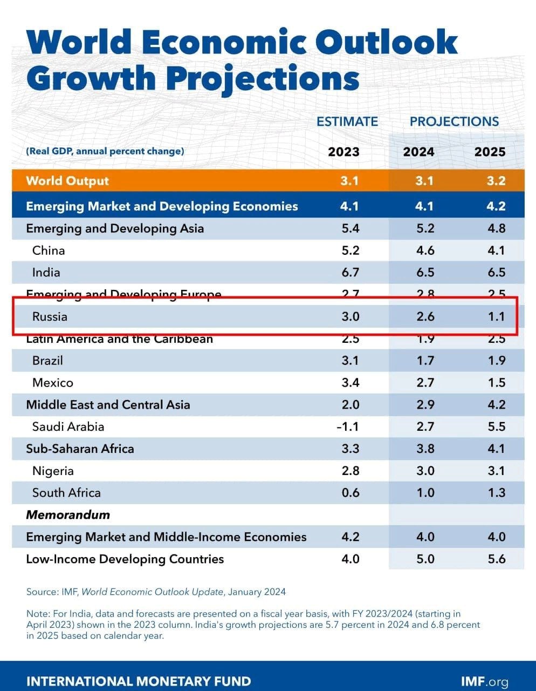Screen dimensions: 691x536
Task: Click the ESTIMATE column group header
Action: [347, 121]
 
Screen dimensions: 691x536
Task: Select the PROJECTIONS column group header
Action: [454, 121]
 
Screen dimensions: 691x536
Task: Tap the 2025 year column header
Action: [490, 152]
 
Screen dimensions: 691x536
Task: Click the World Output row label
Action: [67, 181]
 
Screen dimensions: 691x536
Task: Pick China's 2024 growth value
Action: [425, 250]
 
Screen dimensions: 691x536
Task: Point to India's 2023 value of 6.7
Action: [350, 273]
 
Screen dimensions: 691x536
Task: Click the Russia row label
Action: [50, 316]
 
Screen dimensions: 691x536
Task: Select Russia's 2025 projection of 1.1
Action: [496, 316]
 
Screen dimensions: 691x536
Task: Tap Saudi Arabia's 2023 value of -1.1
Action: [348, 427]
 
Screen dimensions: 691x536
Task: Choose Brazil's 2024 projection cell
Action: [425, 361]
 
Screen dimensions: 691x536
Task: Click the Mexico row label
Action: [52, 383]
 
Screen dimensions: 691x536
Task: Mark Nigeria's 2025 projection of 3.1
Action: [496, 471]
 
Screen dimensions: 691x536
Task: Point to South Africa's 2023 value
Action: [350, 493]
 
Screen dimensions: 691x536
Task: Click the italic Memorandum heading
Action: [68, 515]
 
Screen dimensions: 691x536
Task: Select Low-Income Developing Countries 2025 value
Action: [496, 559]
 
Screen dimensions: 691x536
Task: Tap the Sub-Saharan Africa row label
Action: [80, 449]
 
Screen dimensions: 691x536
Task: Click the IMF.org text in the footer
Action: [484, 681]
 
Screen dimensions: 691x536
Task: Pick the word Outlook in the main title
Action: [386, 42]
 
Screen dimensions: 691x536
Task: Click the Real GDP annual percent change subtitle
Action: [105, 151]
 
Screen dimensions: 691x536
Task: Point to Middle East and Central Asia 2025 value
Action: [496, 405]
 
